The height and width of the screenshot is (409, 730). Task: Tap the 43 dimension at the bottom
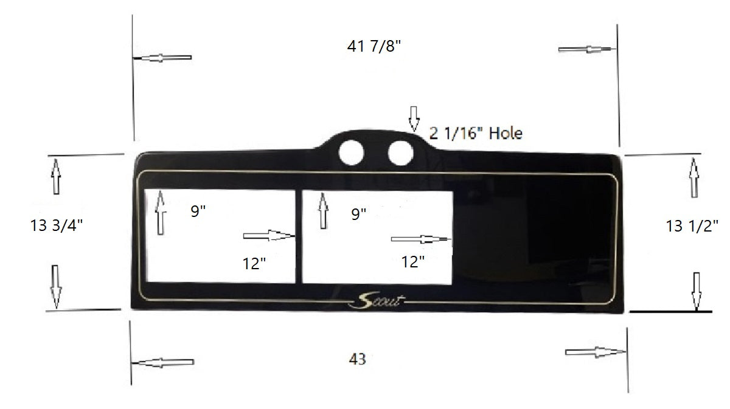[358, 359]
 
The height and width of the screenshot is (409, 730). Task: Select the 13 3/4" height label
[56, 225]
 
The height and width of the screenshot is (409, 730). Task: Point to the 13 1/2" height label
[692, 226]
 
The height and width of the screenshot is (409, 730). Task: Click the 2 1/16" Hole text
[476, 132]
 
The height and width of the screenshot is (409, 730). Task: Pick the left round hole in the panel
[351, 153]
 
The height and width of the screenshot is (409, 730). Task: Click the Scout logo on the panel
[377, 300]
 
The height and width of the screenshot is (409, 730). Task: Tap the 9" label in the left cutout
[198, 211]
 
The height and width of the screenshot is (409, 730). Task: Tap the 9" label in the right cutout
[359, 213]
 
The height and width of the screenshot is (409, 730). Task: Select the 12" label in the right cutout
[413, 262]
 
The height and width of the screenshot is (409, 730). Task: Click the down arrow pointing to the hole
[414, 119]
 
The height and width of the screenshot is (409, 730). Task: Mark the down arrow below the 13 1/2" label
[697, 291]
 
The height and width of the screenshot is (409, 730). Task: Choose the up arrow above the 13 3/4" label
[56, 176]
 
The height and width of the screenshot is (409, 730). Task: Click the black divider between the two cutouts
[299, 237]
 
